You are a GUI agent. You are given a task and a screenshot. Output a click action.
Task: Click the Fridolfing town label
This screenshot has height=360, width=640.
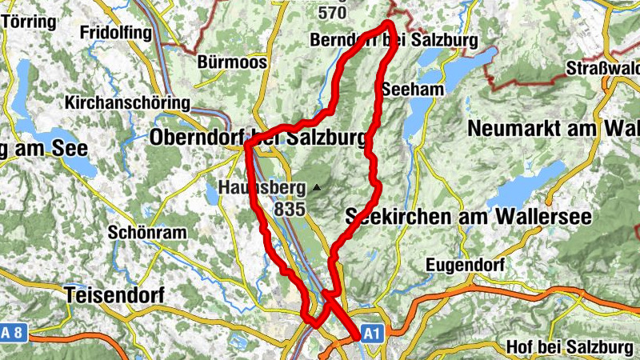115,33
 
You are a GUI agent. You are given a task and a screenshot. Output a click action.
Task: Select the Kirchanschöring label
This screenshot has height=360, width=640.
128,103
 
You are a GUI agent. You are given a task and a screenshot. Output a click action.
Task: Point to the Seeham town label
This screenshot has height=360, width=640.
413,90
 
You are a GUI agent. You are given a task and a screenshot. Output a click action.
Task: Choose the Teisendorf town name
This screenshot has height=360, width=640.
116,294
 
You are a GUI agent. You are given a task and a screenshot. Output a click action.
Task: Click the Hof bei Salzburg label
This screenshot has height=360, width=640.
568,347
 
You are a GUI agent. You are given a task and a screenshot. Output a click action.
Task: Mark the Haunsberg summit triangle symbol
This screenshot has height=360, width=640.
318,189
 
